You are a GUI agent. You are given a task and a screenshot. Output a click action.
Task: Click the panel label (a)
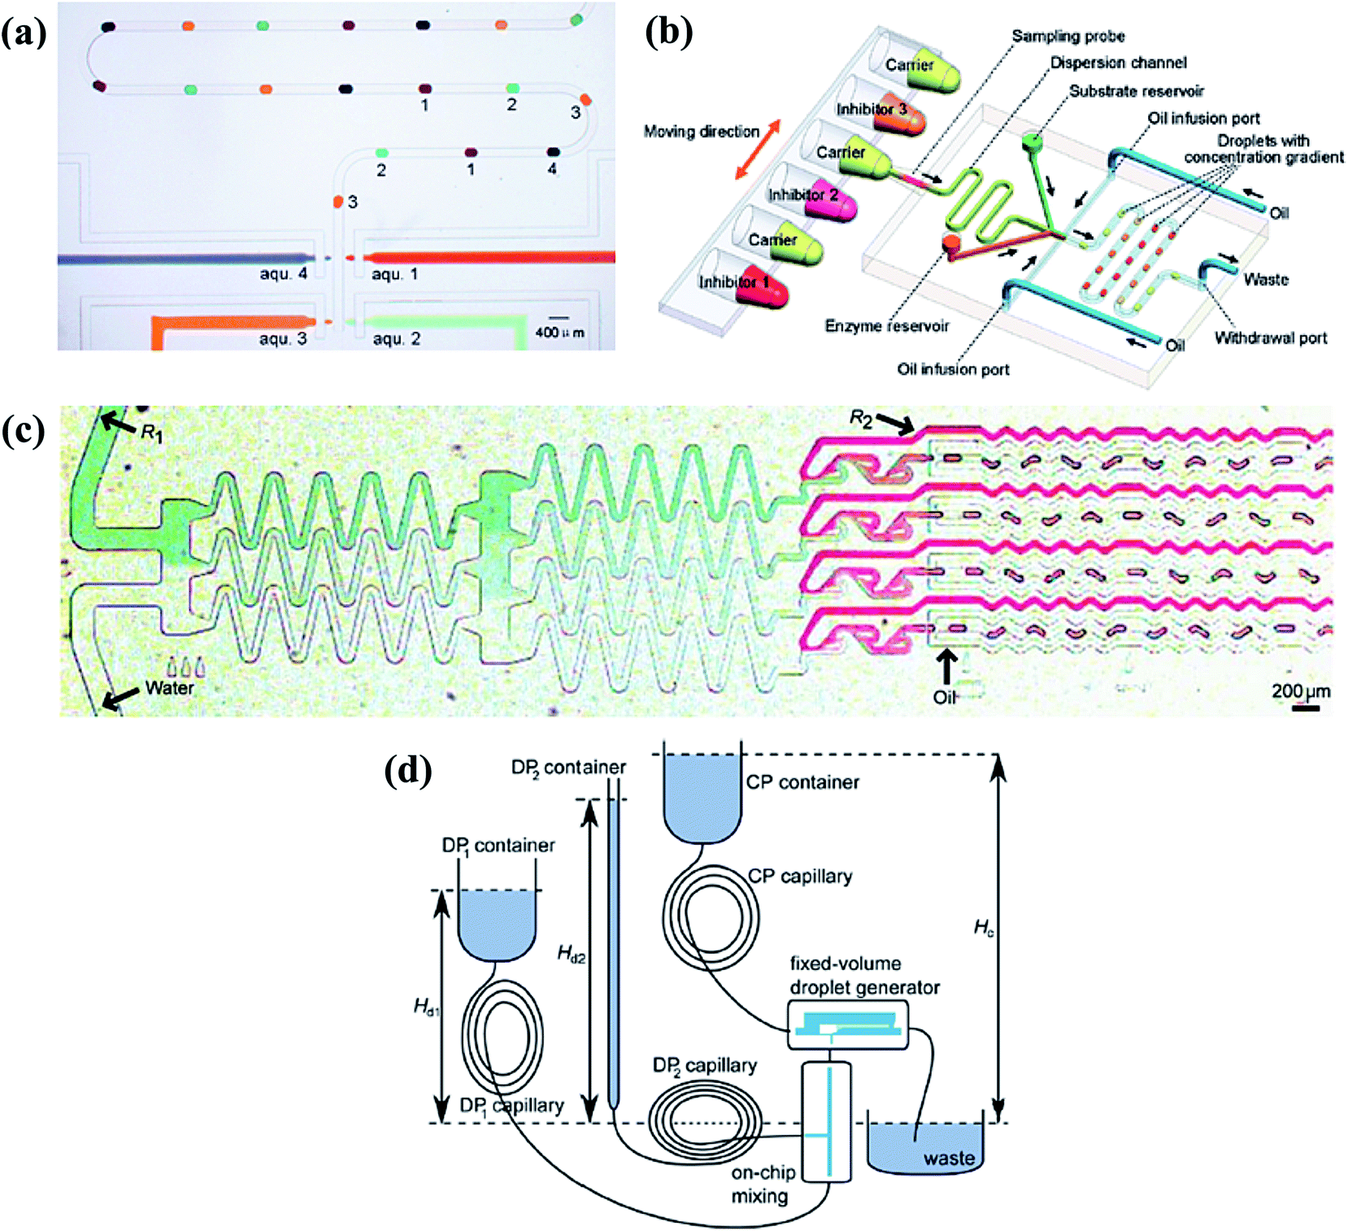coord(24,34)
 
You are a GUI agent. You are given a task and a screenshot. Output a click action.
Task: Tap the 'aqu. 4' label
coord(283,274)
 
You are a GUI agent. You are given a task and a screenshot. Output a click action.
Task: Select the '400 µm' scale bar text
coord(559,333)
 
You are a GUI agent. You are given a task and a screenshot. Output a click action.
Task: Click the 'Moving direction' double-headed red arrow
coord(757,150)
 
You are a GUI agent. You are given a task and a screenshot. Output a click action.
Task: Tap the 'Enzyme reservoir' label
coord(886,326)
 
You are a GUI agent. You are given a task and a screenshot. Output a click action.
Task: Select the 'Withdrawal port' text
coord(1270,338)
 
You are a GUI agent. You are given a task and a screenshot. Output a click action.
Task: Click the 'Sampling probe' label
coord(1068,36)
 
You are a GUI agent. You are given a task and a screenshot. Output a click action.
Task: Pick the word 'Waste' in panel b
coord(1265,280)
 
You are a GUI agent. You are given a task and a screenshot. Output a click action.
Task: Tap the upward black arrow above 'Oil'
coord(945,668)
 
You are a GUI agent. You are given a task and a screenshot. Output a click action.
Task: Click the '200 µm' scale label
coord(1301,691)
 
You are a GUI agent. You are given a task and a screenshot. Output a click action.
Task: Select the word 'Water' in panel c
coord(169,688)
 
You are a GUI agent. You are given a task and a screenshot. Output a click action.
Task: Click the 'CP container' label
coord(802,782)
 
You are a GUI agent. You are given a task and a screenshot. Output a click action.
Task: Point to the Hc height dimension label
coord(983,928)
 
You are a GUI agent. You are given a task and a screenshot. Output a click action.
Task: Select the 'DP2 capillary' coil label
coord(704,1065)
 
